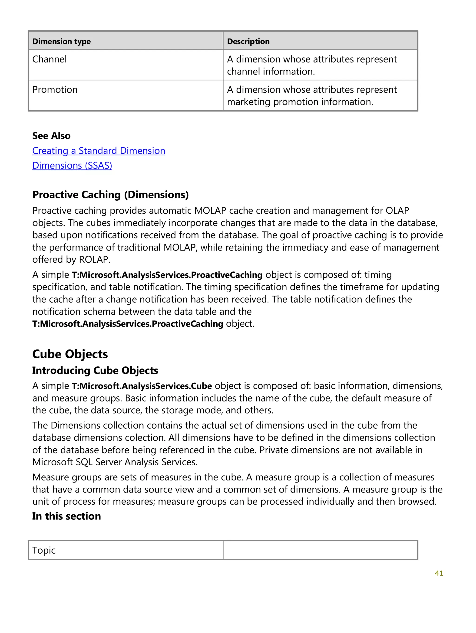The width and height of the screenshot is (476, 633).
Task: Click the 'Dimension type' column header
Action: pos(61,42)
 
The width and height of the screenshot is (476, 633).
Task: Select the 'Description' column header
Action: pos(248,42)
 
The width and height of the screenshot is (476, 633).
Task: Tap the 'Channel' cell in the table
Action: pos(50,59)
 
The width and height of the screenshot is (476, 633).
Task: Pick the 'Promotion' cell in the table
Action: pos(55,90)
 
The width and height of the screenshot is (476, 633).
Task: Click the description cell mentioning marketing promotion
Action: pos(312,96)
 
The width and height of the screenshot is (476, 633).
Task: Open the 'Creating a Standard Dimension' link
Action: pos(99,150)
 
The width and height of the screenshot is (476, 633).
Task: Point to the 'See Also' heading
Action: pos(51,136)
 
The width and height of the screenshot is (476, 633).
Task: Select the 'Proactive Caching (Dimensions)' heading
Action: pos(110,195)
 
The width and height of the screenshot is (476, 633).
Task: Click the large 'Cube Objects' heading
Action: pos(70,354)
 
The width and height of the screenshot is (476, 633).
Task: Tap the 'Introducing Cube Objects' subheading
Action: pos(95,370)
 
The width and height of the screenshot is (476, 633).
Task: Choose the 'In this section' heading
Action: pos(66,516)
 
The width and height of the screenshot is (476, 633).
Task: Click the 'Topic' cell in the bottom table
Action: pos(44,550)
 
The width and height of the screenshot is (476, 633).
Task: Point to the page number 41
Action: pos(439,573)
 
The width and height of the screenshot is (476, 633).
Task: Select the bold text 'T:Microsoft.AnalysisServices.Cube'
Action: pos(142,386)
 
